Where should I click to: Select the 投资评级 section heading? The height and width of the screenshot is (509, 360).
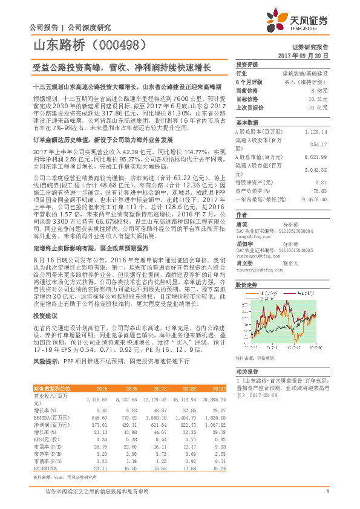(247, 65)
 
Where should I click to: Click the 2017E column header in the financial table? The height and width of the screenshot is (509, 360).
(161, 389)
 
